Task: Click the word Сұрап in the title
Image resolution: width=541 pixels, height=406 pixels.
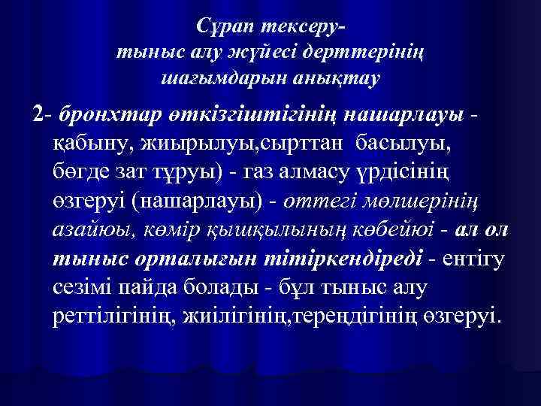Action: [x=225, y=29]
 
